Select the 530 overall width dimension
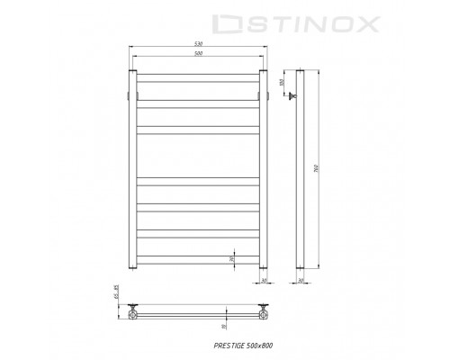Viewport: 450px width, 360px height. pyautogui.click(x=198, y=43)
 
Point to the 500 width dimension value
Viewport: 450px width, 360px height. pyautogui.click(x=198, y=54)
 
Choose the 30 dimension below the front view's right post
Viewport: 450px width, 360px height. pyautogui.click(x=265, y=282)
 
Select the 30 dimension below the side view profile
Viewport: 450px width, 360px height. pyautogui.click(x=301, y=282)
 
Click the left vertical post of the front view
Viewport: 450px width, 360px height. pyautogui.click(x=132, y=171)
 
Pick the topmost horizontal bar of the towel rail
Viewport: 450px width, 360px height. pyautogui.click(x=198, y=77)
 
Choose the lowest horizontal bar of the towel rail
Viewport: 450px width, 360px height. pyautogui.click(x=198, y=259)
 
